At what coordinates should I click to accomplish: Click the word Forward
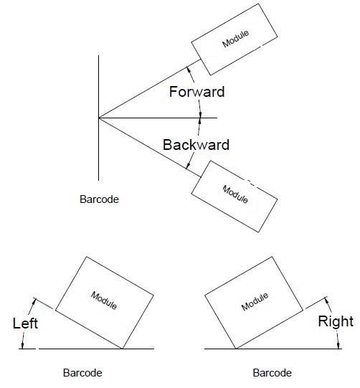196,92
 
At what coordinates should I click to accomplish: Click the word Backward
196,145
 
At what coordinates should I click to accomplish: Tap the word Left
25,323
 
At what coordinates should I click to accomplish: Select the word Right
336,322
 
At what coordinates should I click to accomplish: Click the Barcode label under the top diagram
99,199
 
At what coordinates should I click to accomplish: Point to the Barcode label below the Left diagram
82,373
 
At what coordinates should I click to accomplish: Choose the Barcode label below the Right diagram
273,373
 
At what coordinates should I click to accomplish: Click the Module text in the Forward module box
235,39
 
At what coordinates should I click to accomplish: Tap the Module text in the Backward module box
235,194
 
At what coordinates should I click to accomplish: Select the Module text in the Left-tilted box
104,301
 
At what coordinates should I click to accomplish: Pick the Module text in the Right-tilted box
255,302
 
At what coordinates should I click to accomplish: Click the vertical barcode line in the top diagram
98,118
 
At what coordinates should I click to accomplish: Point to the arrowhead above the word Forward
189,70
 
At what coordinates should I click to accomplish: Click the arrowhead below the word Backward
188,165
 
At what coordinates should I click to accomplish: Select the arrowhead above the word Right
327,301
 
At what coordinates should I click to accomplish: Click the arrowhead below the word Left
23,346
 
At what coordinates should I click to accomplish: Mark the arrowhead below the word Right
338,346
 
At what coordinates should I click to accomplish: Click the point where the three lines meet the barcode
99,118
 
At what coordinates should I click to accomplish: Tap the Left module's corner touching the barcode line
122,349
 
